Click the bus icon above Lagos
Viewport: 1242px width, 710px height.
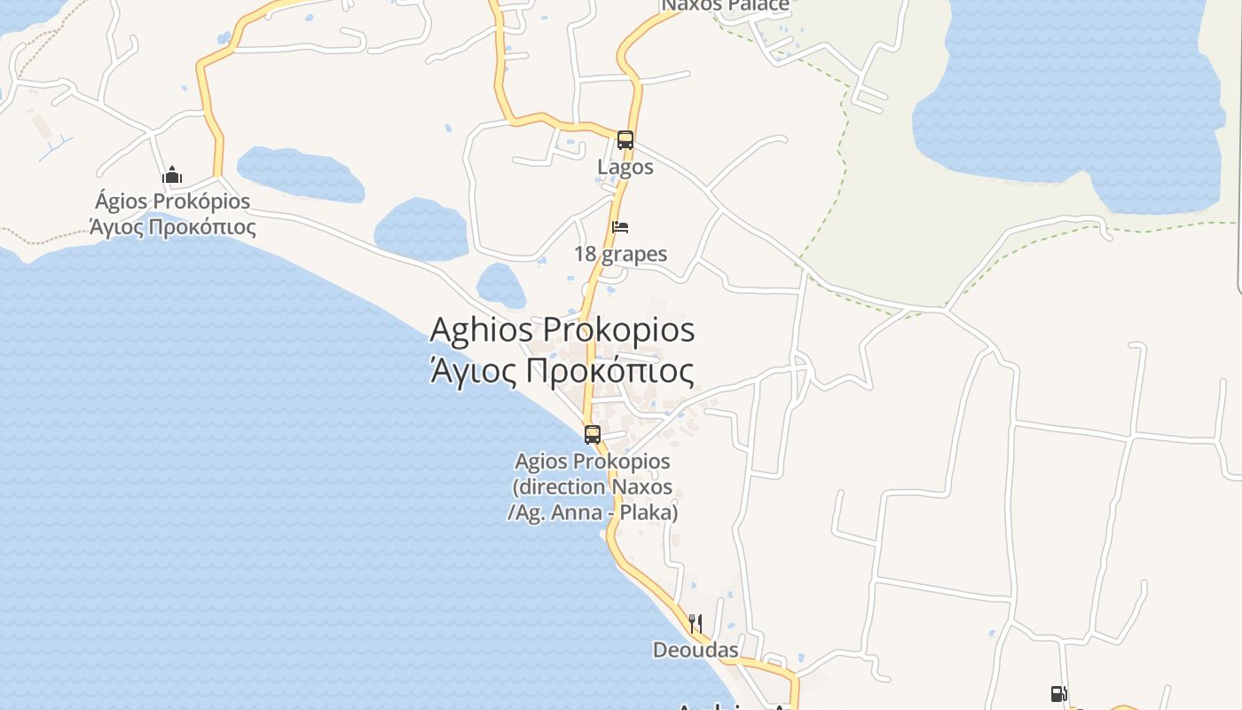coord(625,140)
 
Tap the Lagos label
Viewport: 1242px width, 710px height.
coord(625,167)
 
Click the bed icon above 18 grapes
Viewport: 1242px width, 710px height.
coord(620,227)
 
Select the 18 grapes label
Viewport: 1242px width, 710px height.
coord(620,255)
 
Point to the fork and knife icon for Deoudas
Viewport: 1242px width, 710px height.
coord(696,624)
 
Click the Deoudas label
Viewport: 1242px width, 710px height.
coord(696,651)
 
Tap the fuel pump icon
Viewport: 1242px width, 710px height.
coord(1058,694)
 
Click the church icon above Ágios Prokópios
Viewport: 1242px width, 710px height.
coord(172,175)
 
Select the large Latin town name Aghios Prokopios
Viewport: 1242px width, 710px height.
coord(562,330)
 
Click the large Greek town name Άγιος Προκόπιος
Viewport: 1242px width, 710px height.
coord(562,370)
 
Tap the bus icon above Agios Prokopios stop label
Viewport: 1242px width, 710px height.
coord(593,435)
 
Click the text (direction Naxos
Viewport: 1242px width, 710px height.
coord(593,487)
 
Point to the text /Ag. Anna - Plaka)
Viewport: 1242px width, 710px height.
coord(593,513)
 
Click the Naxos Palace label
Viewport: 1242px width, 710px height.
coord(726,6)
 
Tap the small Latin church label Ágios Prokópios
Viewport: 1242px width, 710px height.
coord(173,201)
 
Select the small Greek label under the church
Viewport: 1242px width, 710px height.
coord(173,227)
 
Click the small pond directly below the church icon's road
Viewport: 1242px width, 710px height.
coord(300,174)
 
